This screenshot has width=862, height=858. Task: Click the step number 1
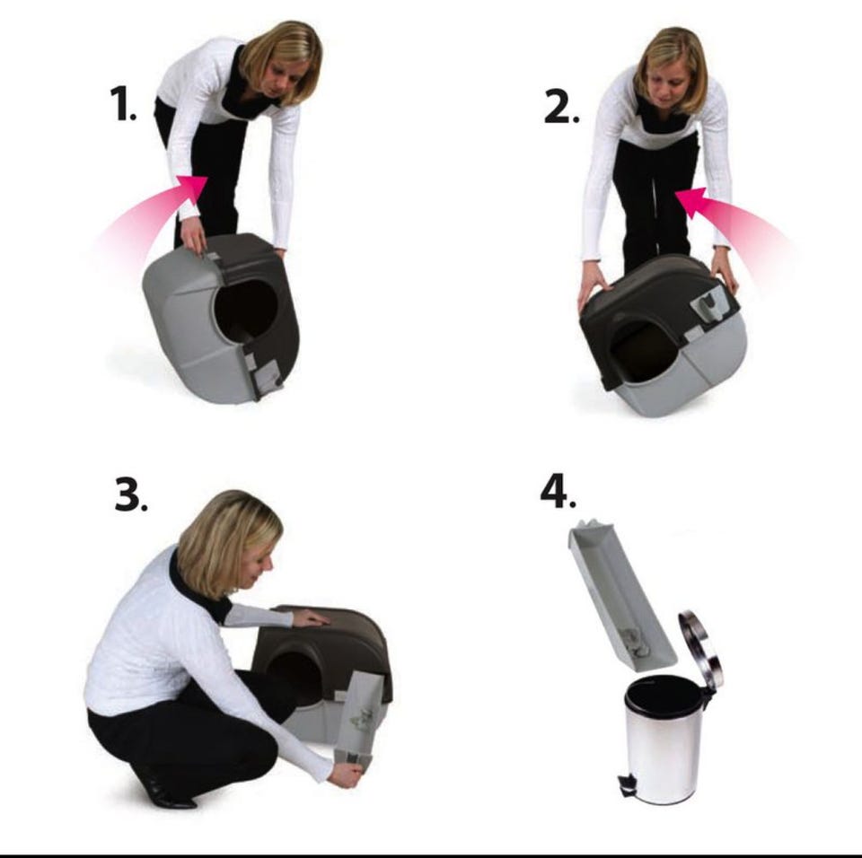click(x=123, y=103)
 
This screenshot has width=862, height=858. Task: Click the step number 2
click(x=561, y=107)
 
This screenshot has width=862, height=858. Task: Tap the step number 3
click(x=130, y=494)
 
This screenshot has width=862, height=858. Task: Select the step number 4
click(x=558, y=492)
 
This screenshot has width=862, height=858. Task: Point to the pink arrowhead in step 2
click(x=690, y=202)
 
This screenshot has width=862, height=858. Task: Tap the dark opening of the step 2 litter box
click(x=643, y=352)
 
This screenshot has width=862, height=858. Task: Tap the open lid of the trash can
click(x=700, y=648)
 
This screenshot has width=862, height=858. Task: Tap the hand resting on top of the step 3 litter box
click(x=312, y=620)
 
